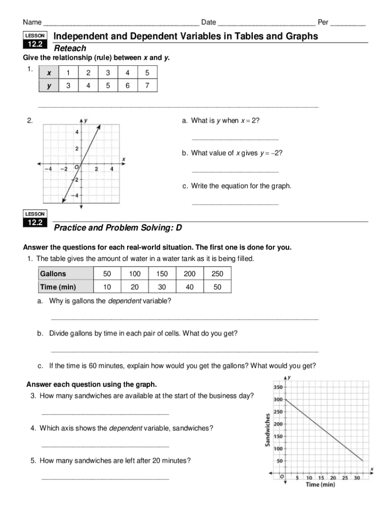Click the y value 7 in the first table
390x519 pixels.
click(147, 86)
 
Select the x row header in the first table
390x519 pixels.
click(49, 73)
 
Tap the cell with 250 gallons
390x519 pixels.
click(217, 274)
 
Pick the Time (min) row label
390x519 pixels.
click(58, 287)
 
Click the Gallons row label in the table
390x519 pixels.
click(53, 274)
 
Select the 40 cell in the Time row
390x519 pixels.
click(189, 287)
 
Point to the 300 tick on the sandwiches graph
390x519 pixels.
click(278, 399)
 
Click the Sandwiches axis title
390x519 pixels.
click(266, 430)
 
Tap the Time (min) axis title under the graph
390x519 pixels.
click(320, 485)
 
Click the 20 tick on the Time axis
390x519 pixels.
click(333, 477)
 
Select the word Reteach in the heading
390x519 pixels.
click(70, 49)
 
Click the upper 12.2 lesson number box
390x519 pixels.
click(35, 45)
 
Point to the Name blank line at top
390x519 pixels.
click(121, 24)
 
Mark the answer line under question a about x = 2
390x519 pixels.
click(235, 138)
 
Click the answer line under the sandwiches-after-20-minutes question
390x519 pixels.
click(105, 478)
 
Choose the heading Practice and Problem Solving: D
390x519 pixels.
click(118, 228)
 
